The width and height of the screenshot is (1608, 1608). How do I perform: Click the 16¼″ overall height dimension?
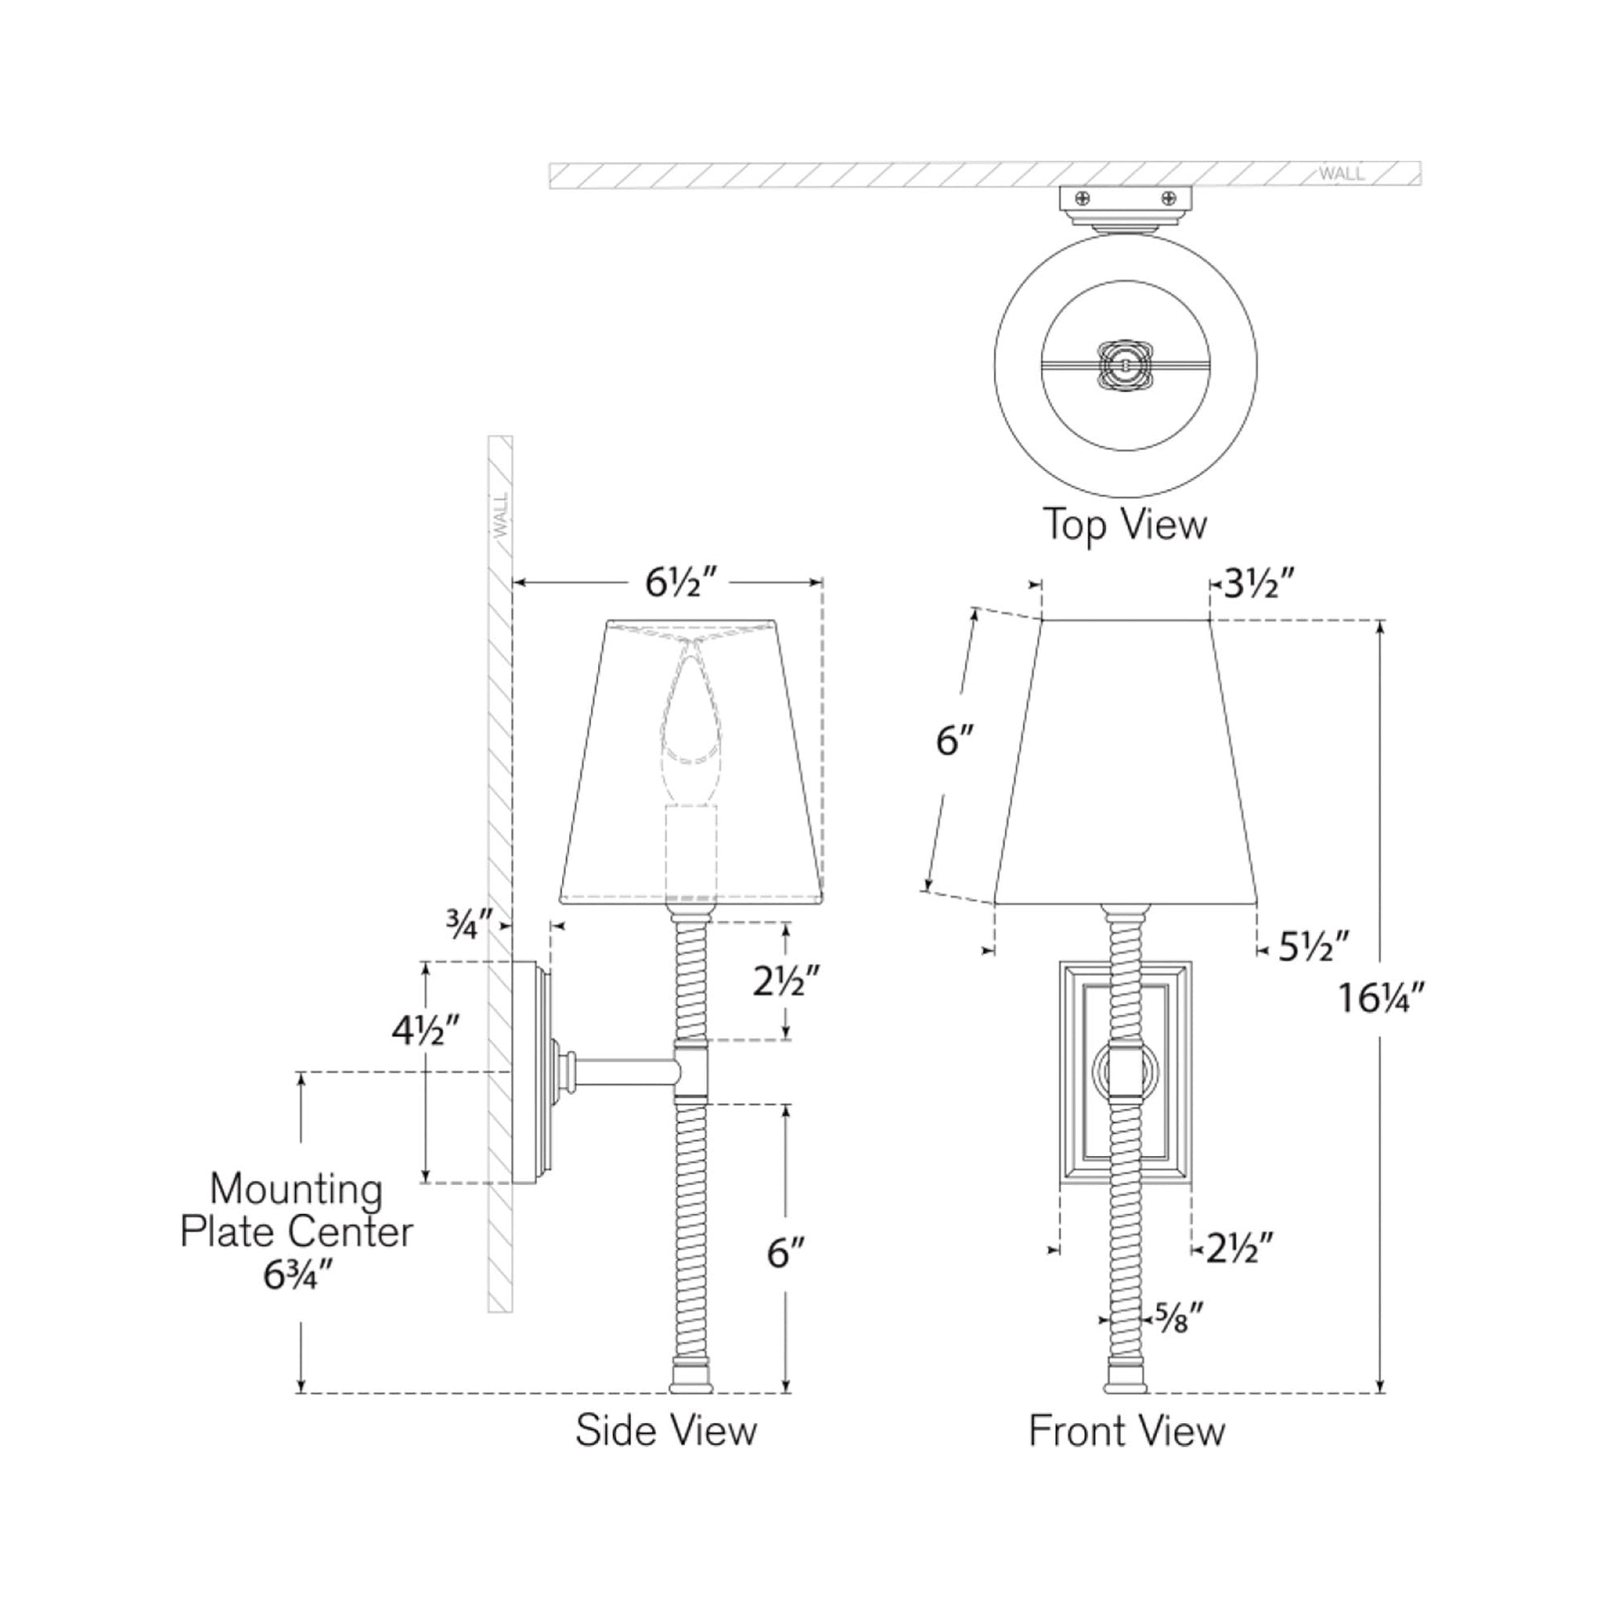1382,998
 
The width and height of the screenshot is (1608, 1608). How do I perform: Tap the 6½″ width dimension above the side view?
680,583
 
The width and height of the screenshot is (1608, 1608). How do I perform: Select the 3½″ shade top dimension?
1258,585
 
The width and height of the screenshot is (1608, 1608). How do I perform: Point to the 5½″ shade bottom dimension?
1313,947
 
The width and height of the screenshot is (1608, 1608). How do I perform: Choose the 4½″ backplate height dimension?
426,1032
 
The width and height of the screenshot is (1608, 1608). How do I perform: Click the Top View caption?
1125,526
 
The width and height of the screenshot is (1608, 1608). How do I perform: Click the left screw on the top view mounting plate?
1082,198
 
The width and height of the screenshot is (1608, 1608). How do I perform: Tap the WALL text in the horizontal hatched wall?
1341,174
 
